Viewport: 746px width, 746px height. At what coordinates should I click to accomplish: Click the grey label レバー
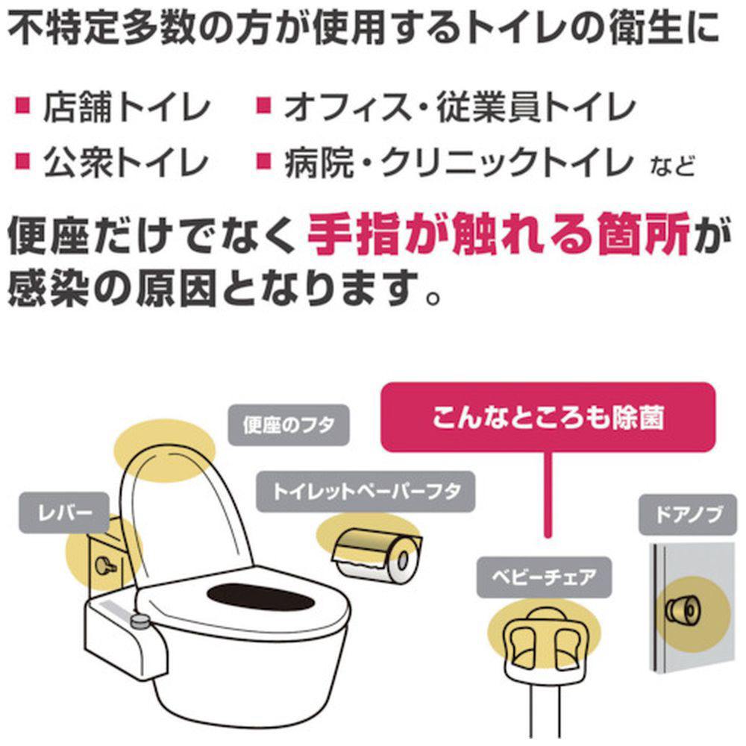[x=64, y=513]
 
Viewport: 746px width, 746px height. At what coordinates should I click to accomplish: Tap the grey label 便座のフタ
[x=289, y=425]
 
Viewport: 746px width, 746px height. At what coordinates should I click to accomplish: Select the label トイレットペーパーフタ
[x=366, y=492]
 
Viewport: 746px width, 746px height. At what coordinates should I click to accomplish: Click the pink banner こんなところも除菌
[x=548, y=417]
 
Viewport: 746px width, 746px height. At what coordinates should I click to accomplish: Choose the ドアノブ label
[x=688, y=515]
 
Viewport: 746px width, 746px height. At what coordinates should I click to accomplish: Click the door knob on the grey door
[x=683, y=609]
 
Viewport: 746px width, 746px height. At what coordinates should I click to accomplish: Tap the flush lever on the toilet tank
[x=105, y=565]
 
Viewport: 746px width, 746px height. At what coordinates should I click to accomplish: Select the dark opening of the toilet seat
[x=260, y=596]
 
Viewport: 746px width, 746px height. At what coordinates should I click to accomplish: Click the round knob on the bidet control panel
[x=140, y=621]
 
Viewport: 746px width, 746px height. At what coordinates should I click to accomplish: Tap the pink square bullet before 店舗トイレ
[x=23, y=106]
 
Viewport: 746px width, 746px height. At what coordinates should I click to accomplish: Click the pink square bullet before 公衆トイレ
[x=23, y=162]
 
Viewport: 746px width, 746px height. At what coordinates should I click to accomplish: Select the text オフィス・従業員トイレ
[x=460, y=107]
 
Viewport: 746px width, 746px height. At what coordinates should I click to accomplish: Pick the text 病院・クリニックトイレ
[x=459, y=163]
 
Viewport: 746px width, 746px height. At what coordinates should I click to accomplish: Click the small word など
[x=672, y=167]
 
